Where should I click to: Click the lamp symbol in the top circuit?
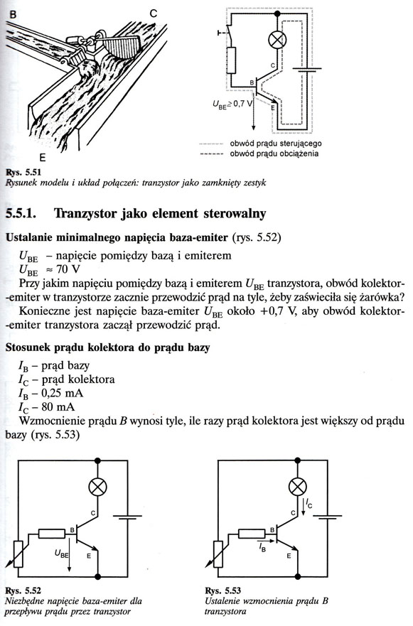pos(276,41)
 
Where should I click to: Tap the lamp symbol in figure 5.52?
pos(97,487)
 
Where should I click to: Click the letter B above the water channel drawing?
pos(14,15)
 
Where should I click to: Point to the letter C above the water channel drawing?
pos(154,14)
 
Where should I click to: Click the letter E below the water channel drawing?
pos(43,157)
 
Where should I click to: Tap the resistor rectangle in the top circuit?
pos(231,60)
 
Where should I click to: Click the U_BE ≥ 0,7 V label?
pos(232,104)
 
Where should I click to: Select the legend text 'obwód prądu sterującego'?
pos(276,144)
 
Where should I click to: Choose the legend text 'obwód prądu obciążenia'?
pos(274,153)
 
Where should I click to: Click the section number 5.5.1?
pos(21,214)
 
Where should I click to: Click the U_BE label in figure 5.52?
pos(62,554)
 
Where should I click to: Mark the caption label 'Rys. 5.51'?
pos(23,173)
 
